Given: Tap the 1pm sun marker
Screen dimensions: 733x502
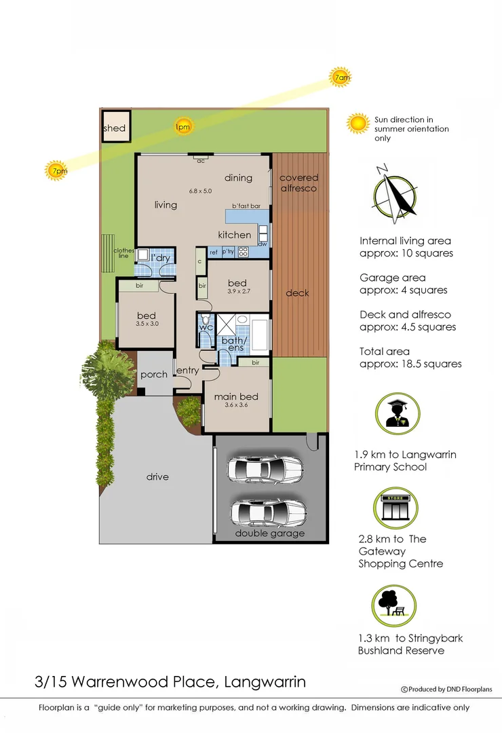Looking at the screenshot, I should (x=182, y=126).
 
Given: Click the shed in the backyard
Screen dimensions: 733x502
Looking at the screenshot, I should (x=115, y=128).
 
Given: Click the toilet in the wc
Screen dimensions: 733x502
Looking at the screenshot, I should (x=206, y=320).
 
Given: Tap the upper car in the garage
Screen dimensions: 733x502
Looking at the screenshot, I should (x=265, y=468).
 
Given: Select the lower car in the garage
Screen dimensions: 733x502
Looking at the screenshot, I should (x=265, y=512).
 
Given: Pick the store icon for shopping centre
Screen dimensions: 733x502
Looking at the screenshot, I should (x=397, y=506).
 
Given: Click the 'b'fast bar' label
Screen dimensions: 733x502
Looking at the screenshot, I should (x=246, y=206).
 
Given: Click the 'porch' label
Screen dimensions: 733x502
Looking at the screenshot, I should (x=154, y=375).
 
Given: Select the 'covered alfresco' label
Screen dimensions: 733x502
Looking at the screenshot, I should (x=298, y=183).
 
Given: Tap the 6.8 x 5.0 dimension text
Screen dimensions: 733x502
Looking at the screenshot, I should (x=200, y=191).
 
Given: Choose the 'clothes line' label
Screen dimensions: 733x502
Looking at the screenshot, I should (x=123, y=254).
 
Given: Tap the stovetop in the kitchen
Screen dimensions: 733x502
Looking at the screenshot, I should (x=243, y=252).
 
